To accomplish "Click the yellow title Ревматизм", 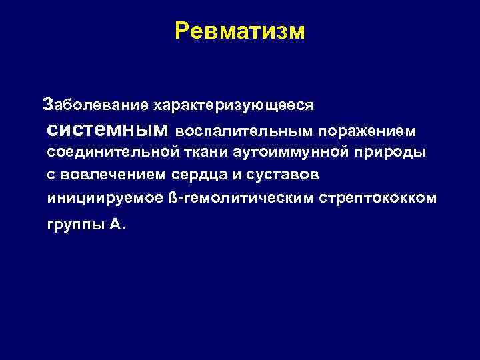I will [x=239, y=31].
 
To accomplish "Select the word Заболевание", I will [x=95, y=105].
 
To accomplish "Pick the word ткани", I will [x=205, y=152].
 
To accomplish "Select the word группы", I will [x=76, y=225].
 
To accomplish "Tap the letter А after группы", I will [x=115, y=225].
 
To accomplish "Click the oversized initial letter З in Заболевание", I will [x=46, y=104].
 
